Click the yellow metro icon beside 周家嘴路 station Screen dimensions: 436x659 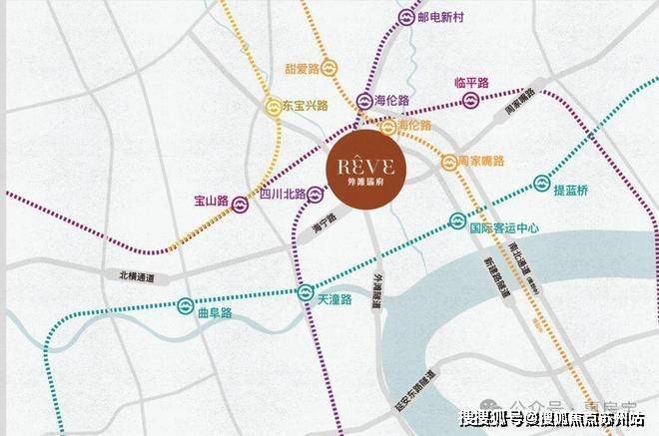(x=448, y=160)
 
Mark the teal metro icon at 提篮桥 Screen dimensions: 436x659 (x=542, y=183)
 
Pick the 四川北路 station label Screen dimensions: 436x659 (x=279, y=196)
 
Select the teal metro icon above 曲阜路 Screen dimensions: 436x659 (x=186, y=304)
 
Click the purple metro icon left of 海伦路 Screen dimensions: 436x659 (x=363, y=101)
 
